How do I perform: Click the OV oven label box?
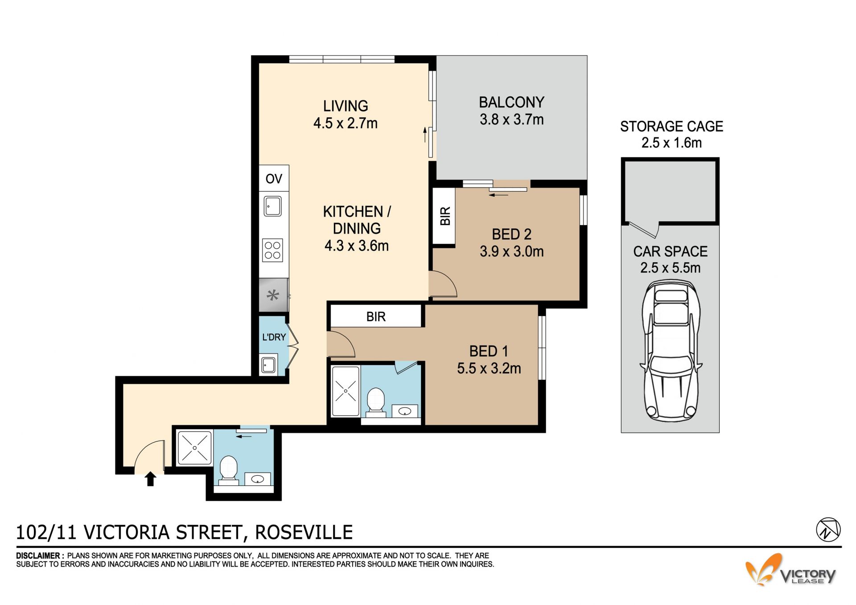(274, 178)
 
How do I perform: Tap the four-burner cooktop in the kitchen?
(272, 251)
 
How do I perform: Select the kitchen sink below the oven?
(272, 206)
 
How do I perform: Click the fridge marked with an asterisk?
(273, 295)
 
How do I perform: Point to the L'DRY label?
(274, 337)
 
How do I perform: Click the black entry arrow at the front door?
(151, 479)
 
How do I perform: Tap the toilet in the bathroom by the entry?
(229, 469)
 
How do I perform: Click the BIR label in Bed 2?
(445, 216)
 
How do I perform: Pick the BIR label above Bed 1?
(376, 317)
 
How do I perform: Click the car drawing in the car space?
(671, 350)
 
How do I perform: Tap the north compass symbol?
(828, 530)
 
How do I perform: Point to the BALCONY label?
(512, 103)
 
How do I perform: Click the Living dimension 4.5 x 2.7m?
(346, 123)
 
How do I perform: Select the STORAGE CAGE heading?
(671, 127)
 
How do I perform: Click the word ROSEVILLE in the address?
(304, 532)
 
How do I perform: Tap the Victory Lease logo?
(790, 570)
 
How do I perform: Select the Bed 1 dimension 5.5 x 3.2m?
(489, 369)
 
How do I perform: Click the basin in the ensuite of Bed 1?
(405, 411)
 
